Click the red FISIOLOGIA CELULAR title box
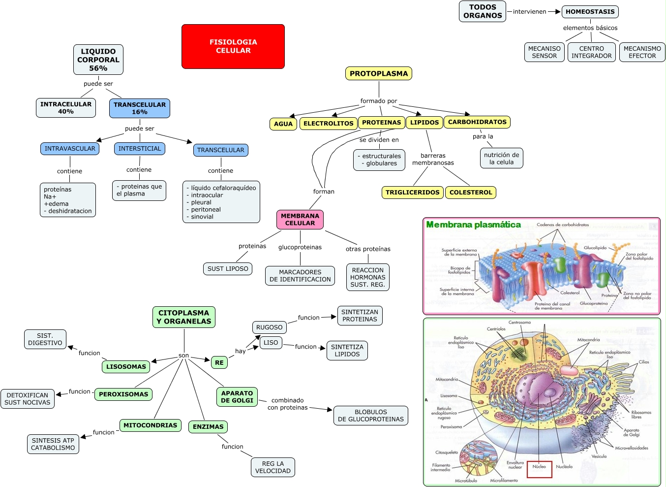tap(233, 46)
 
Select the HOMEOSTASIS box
tap(590, 12)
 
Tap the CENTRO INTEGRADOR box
tap(591, 52)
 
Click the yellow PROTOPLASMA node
tap(379, 73)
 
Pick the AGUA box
tap(283, 124)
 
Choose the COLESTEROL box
tap(470, 193)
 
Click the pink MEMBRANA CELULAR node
tap(300, 220)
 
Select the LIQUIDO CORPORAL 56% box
tap(98, 60)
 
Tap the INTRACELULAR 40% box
tap(66, 108)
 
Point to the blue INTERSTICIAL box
tap(140, 149)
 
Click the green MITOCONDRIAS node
tap(150, 425)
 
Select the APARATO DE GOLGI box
tap(237, 397)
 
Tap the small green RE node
tap(219, 362)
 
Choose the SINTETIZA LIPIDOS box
tap(347, 351)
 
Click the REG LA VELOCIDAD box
tap(273, 467)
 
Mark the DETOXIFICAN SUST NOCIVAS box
tap(28, 399)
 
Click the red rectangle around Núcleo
tap(539, 470)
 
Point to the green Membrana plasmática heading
tap(473, 225)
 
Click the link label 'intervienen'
tap(529, 12)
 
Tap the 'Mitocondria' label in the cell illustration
tap(588, 340)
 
